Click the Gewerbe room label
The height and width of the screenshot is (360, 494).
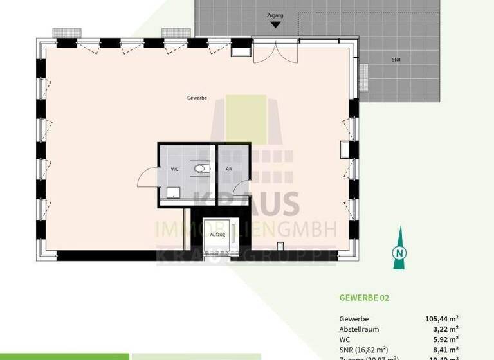[x=196, y=98]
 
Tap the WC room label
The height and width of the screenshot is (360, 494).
[x=174, y=169]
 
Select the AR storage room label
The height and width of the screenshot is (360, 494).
[x=228, y=169]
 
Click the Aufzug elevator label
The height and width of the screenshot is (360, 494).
[x=217, y=235]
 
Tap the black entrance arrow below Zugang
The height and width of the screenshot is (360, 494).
[x=275, y=25]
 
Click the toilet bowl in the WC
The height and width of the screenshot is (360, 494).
[x=201, y=169]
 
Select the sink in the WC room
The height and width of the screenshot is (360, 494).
[x=172, y=192]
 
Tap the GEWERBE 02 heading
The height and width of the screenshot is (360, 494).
[x=364, y=298]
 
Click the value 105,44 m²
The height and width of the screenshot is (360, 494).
[x=441, y=318]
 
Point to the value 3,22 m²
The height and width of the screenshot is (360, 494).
[x=445, y=328]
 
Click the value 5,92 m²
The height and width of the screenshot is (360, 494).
[x=445, y=339]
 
